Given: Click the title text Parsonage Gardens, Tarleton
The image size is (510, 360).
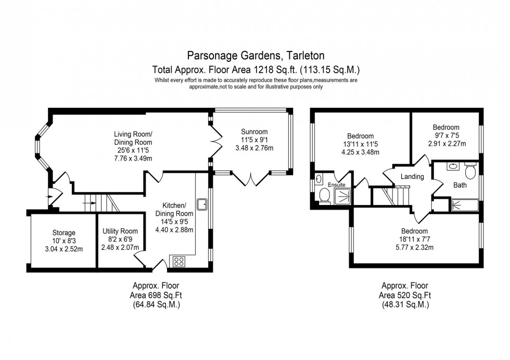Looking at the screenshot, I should pyautogui.click(x=255, y=55).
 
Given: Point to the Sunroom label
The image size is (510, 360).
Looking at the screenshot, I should pyautogui.click(x=254, y=132).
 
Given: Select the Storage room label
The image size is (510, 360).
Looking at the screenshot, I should pyautogui.click(x=63, y=233).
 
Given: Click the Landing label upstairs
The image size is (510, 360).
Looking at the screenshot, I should pyautogui.click(x=412, y=177).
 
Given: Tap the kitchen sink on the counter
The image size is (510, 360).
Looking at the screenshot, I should pyautogui.click(x=201, y=203).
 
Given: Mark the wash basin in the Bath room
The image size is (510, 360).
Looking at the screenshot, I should pyautogui.click(x=453, y=168).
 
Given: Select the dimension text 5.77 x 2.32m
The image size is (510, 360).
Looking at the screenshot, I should pyautogui.click(x=414, y=248).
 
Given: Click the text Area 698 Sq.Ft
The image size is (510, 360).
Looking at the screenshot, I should pyautogui.click(x=156, y=295).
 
